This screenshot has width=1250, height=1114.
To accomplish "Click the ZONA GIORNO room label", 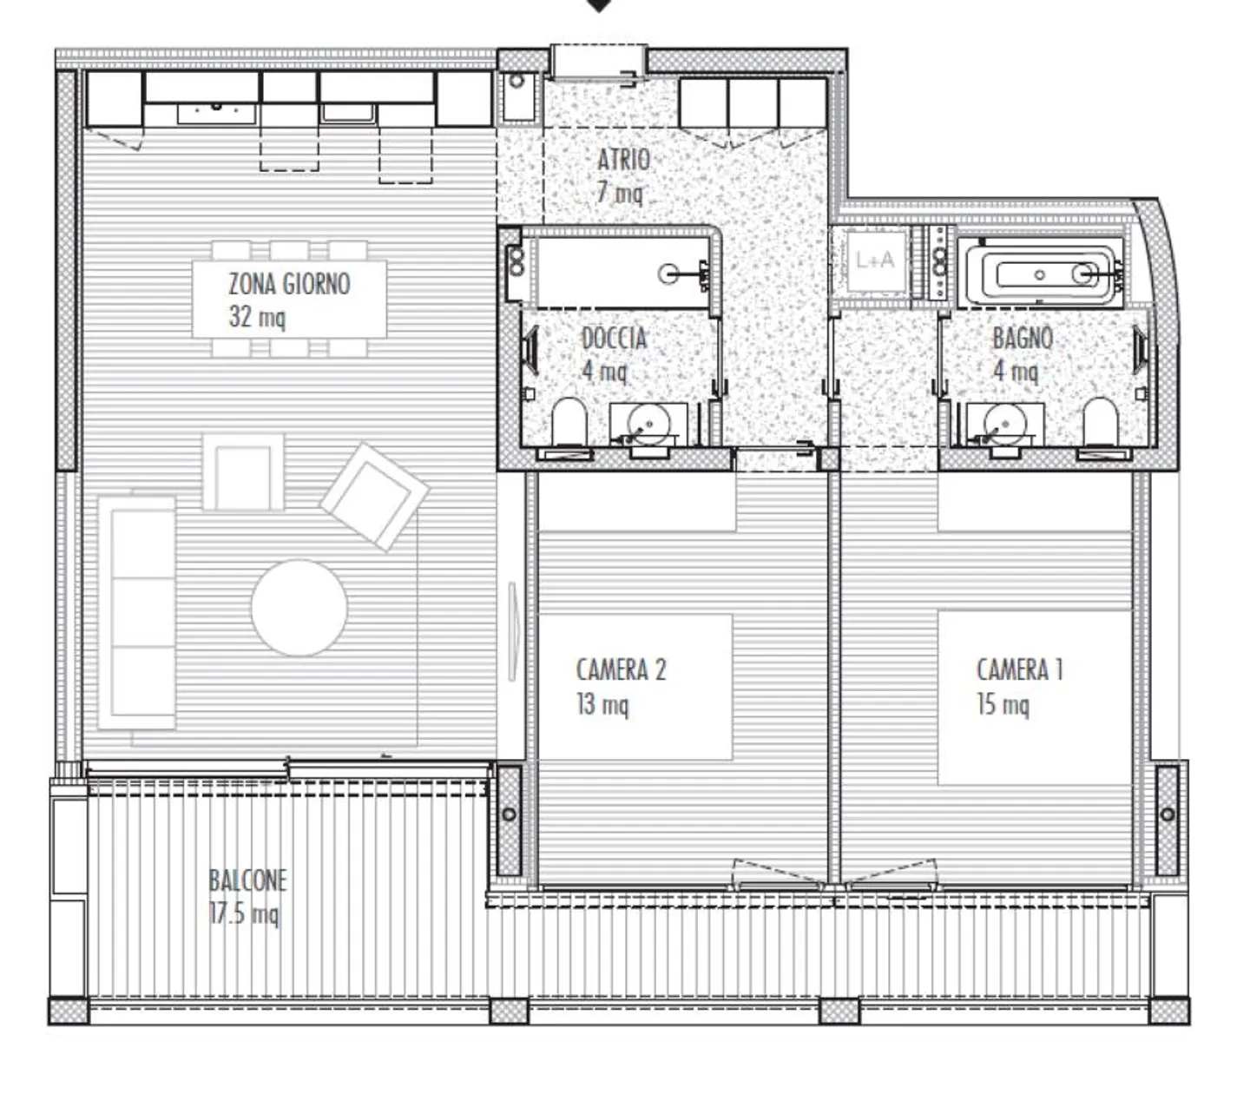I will click(289, 285).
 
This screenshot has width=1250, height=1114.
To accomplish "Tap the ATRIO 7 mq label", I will click(622, 175).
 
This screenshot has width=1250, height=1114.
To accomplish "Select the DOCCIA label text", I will click(614, 338).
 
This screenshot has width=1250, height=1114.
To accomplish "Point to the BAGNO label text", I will click(1023, 338).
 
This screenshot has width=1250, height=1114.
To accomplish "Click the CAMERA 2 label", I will click(621, 669).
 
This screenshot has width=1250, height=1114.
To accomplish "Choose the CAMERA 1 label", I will click(1019, 669).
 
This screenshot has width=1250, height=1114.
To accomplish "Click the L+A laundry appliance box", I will click(873, 260).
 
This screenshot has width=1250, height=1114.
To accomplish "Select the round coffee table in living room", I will click(299, 608).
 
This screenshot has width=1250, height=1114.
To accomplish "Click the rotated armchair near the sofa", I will click(374, 496).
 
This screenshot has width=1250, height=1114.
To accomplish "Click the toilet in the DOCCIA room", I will click(569, 421).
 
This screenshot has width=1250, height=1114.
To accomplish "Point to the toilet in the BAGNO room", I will click(1100, 421).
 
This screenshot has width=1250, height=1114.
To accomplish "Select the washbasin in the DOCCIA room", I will click(648, 424).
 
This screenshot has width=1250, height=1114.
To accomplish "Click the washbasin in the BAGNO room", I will click(1005, 424).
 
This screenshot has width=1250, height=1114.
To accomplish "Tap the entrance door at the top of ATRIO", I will click(598, 63).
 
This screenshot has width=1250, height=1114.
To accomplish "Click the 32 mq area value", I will click(256, 317).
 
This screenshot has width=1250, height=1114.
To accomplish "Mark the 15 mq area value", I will click(1003, 704).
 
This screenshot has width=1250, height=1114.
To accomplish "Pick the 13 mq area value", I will click(602, 704).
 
